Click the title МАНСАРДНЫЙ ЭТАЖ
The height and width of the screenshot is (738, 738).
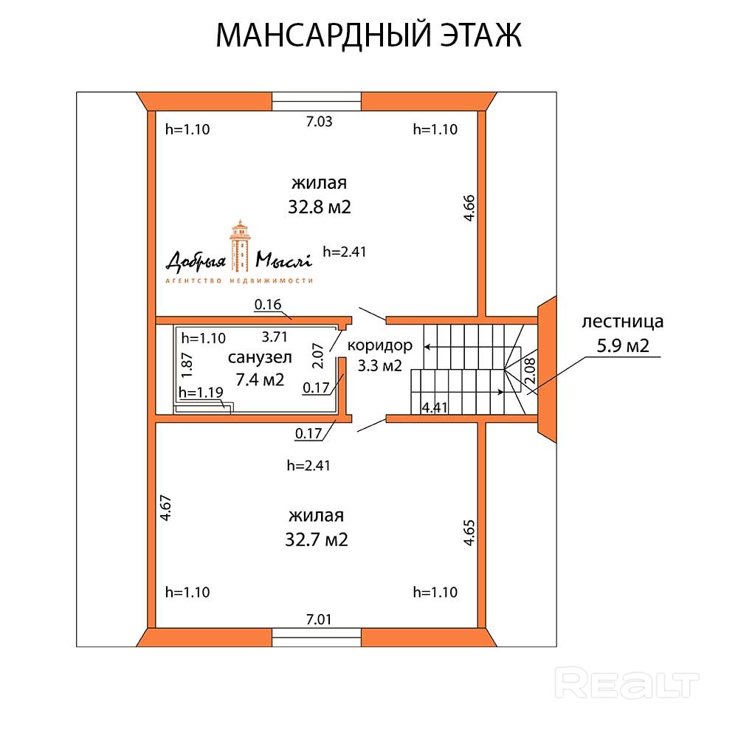[x=368, y=35]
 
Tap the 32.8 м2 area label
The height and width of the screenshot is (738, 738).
[x=319, y=207]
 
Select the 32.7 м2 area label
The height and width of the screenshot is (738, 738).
[x=317, y=539]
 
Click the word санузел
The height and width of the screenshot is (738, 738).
[x=260, y=358]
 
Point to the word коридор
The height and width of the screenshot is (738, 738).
[x=380, y=345]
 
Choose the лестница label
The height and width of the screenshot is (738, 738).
[x=623, y=322]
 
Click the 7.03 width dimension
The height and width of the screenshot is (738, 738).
[x=319, y=122]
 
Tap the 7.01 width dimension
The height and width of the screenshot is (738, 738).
[x=319, y=619]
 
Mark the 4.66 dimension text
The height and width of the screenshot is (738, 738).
[x=469, y=208]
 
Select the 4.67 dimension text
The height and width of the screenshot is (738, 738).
[x=165, y=508]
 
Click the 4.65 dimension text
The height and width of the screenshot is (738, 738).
[x=469, y=533]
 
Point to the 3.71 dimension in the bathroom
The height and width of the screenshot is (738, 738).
[x=275, y=337]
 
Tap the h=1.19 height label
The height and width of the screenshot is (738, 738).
[x=201, y=393]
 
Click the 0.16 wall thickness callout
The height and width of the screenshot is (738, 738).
[x=268, y=305]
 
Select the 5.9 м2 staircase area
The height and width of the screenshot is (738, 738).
[x=623, y=346]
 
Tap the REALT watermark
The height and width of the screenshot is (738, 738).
[x=627, y=683]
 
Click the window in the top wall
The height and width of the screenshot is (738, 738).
[x=317, y=101]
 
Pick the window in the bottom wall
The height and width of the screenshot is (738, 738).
[x=317, y=638]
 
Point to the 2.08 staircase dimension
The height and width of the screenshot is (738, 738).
[x=530, y=371]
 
